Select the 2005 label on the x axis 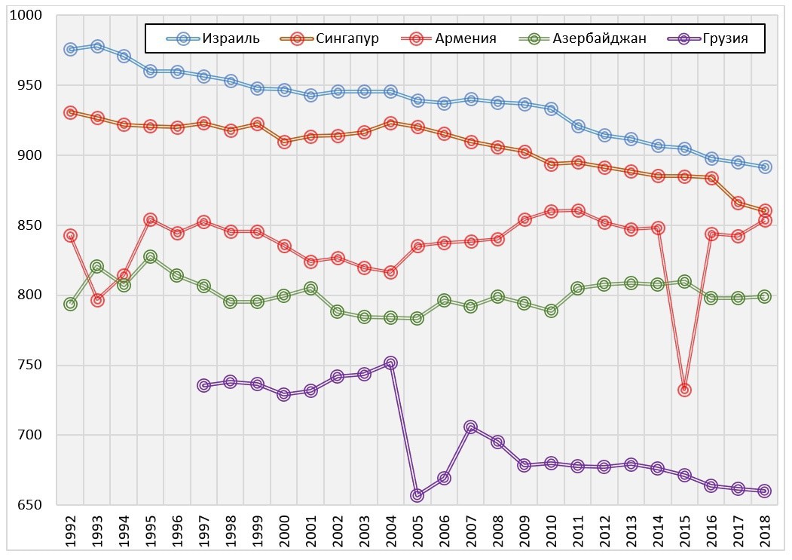coord(417,534)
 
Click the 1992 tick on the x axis coord(70,534)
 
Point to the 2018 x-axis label coord(765,534)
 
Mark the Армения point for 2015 coord(684,390)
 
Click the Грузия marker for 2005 coord(417,495)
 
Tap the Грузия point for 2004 coord(390,363)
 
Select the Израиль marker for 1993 coord(97,47)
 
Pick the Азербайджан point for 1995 coord(151,257)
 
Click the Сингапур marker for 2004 coord(390,123)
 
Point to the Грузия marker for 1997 coord(203,385)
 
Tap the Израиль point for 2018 coord(765,167)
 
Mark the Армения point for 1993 coord(97,300)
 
